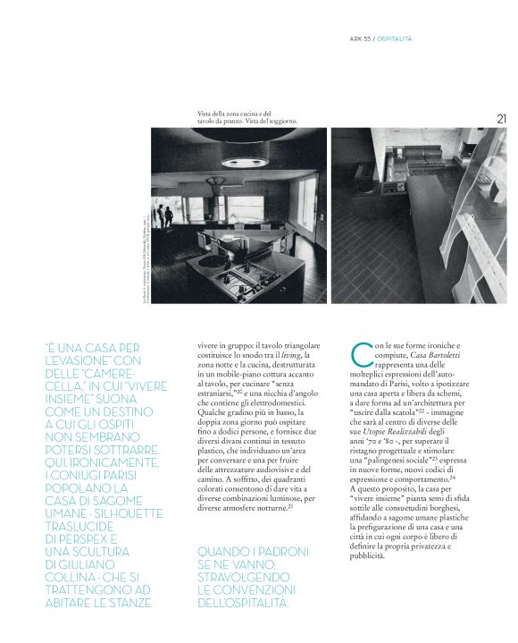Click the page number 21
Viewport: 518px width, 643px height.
point(501,117)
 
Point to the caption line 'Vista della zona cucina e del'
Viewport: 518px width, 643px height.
point(234,112)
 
